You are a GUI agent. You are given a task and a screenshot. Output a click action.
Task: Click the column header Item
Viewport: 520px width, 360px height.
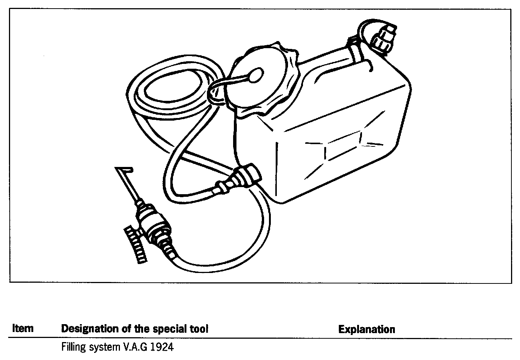23,329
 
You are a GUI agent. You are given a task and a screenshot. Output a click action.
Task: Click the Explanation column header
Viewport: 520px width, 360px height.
366,329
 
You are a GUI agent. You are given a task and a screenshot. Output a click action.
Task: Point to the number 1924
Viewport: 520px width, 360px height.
162,347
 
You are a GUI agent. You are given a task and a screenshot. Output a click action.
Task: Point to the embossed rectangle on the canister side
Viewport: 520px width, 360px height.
342,148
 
